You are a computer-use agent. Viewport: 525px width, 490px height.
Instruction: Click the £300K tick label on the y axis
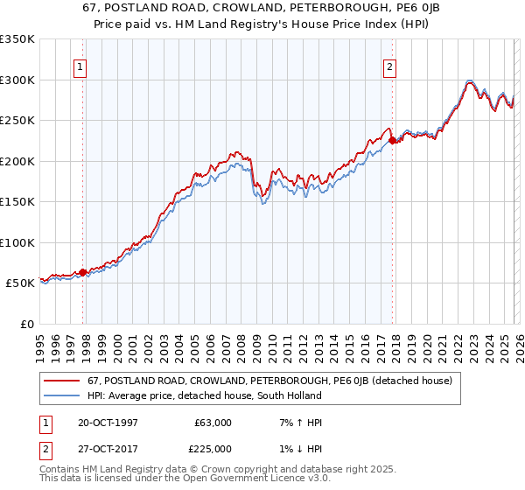(17, 80)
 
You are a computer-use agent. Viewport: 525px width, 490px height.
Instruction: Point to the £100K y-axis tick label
(17, 242)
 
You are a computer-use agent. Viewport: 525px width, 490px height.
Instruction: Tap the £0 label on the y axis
(26, 324)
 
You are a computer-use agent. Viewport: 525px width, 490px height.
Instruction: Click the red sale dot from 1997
(83, 272)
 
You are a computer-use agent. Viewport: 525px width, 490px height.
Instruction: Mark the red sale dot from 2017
(392, 140)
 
